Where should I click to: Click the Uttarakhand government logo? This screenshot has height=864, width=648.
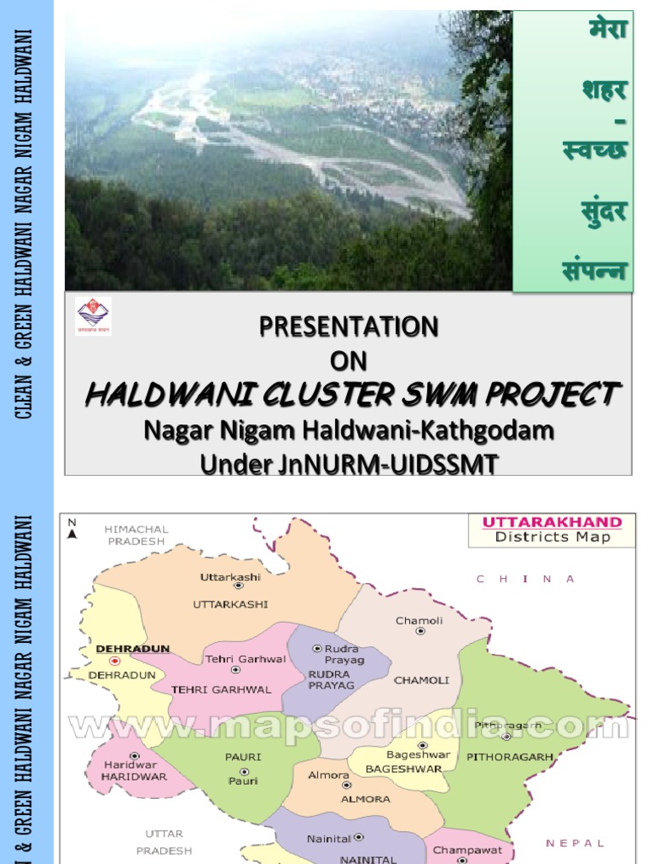(93, 316)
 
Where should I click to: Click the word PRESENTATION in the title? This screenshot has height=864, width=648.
(348, 327)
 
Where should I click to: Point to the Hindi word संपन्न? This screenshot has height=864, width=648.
(595, 271)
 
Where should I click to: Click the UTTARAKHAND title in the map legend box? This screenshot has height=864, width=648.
(552, 522)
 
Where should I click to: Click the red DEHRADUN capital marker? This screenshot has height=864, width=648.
(115, 661)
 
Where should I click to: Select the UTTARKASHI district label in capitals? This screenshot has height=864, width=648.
(230, 604)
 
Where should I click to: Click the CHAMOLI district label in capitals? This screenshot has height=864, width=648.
(421, 680)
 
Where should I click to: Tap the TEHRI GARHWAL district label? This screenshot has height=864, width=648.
(221, 689)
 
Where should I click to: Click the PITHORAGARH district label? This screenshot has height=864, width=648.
(510, 757)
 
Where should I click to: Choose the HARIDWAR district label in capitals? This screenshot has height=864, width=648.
(133, 776)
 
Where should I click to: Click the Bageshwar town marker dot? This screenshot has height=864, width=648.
(422, 746)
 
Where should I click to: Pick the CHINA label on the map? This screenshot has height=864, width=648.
(525, 579)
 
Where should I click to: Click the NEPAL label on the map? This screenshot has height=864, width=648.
(575, 843)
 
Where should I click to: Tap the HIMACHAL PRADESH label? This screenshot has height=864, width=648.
(136, 535)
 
